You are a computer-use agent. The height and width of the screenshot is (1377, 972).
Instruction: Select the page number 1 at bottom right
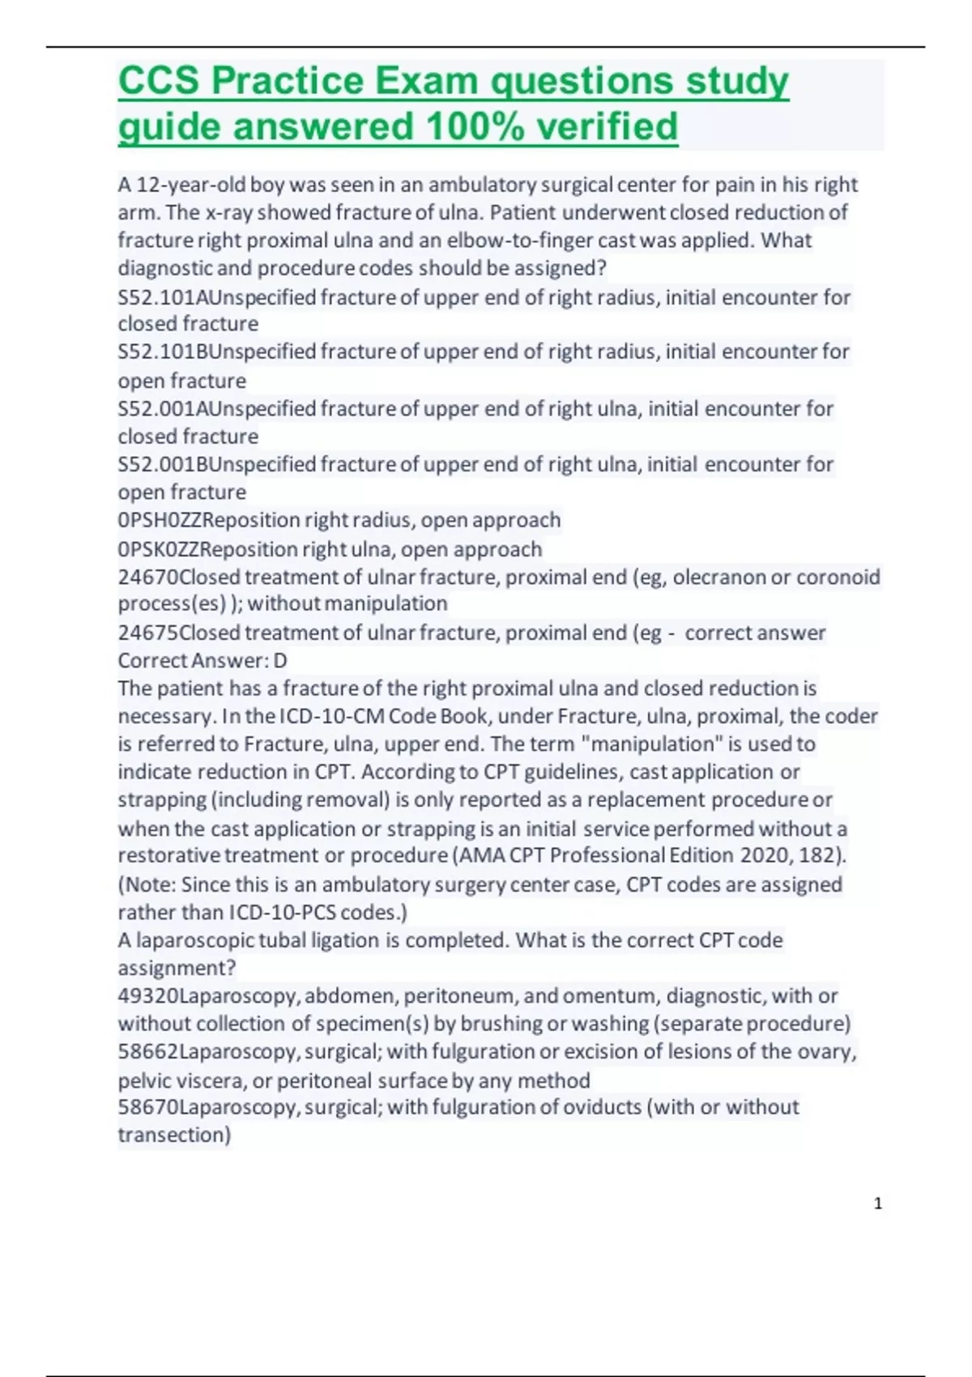tap(878, 1204)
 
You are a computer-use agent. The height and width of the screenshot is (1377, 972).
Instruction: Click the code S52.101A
tap(157, 297)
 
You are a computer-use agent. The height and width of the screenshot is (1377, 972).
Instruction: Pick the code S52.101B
tap(157, 352)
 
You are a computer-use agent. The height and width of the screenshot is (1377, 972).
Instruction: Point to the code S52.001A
tap(157, 408)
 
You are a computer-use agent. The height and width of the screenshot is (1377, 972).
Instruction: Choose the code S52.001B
tap(157, 464)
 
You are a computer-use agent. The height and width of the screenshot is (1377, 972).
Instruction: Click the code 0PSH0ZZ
tap(159, 520)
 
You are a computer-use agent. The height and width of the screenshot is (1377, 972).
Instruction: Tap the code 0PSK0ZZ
tap(159, 549)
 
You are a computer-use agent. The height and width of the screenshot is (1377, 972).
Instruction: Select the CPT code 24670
tap(148, 577)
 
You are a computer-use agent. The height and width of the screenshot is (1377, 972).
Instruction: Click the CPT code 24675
tap(148, 633)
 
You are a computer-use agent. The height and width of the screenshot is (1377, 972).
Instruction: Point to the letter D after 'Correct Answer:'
tap(280, 661)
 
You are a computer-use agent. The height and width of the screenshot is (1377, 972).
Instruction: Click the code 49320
tap(148, 995)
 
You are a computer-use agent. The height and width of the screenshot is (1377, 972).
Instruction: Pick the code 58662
tap(148, 1051)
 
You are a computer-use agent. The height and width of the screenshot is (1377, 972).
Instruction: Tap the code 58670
tap(148, 1107)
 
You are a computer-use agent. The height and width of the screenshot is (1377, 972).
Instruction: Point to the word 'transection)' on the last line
tap(174, 1135)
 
